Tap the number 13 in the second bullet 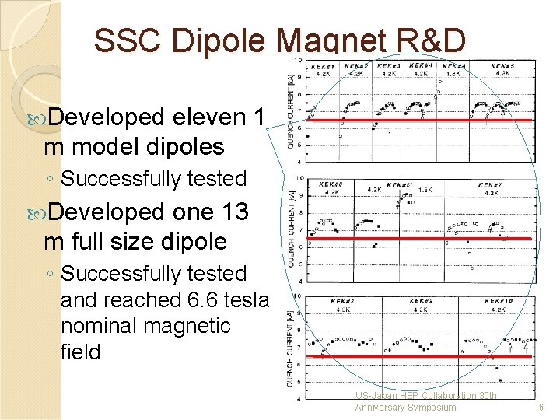[x=235, y=213]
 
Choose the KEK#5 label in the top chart [x=503, y=67]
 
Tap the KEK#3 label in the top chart [x=390, y=67]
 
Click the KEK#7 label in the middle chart [x=489, y=186]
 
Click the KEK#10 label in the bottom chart [x=499, y=301]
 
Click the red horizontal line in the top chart [x=420, y=121]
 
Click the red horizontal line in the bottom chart [x=420, y=356]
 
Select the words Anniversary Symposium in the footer [x=405, y=407]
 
